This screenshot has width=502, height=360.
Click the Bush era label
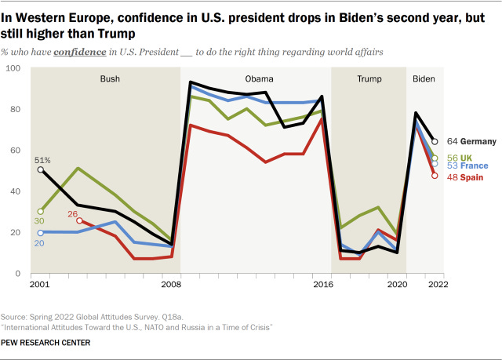110,79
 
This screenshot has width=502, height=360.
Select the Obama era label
259,79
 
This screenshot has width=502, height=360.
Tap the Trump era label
369,79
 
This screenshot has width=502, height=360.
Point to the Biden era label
424,79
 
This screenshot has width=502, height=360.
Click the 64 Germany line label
472,141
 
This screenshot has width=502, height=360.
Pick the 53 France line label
467,166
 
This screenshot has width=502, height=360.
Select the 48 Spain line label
464,178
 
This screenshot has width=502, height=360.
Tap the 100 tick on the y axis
13,69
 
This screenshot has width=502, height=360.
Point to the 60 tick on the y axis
16,151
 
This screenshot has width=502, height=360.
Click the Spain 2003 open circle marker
68,220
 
